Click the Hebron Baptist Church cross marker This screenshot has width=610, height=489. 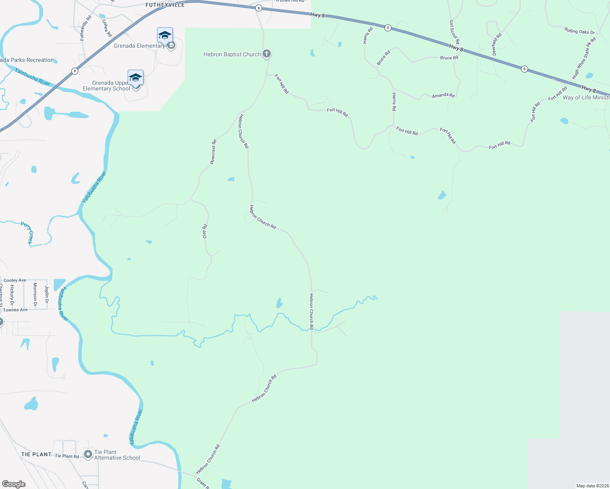coord(266,53)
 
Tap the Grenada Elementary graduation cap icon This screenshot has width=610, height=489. coord(165,35)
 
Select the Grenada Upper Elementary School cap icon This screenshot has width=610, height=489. coord(135,77)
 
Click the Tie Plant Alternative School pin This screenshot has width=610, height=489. coord(88,454)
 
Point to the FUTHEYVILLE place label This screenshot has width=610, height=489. coord(165,5)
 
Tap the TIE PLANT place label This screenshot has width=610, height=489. coord(36,454)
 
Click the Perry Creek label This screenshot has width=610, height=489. coord(27,233)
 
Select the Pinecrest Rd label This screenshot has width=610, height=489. coord(213,152)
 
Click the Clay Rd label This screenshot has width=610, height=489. coord(205,231)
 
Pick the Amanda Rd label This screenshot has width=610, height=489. coord(443,95)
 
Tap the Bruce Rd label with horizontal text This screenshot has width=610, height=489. coord(449,58)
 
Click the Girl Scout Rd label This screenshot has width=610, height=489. coord(454,32)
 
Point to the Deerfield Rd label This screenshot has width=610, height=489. coord(497,44)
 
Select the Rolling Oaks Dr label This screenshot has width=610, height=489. coord(579,31)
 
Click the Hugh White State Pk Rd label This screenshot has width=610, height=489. coord(584,58)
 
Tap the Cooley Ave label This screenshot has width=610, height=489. coord(15,280)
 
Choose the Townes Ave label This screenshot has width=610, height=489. coord(15,310)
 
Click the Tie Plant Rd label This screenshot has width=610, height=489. coord(67,456)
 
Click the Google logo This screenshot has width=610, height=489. coord(14,484)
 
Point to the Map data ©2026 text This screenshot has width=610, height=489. coord(592,486)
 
